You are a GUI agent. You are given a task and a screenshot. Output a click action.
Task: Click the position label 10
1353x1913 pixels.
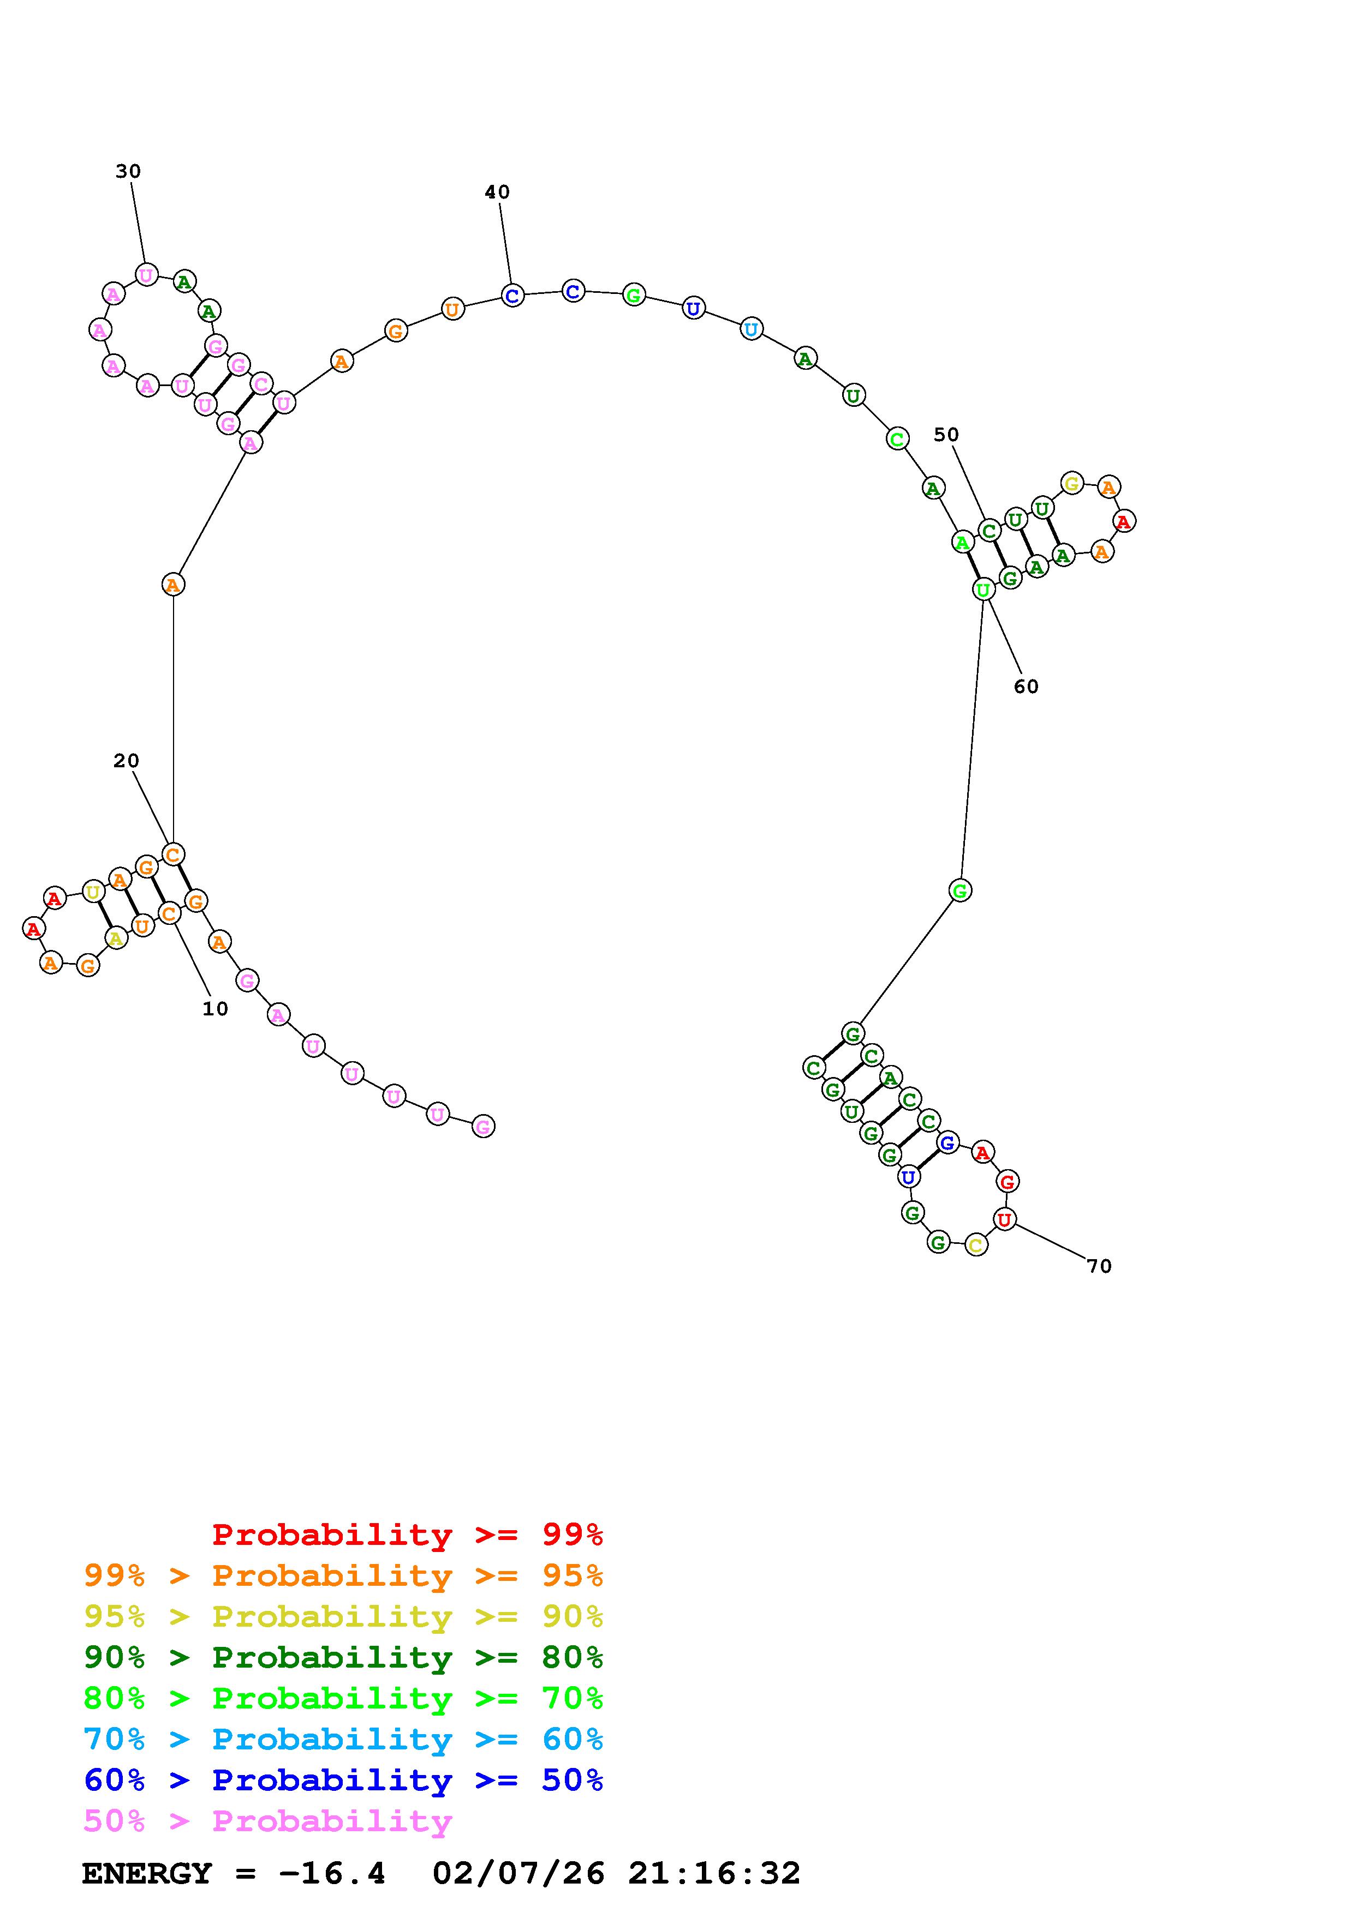point(215,1009)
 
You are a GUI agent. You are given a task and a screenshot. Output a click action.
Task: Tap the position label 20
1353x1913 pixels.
point(126,761)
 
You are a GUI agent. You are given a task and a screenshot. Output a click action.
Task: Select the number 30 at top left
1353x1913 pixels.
point(128,172)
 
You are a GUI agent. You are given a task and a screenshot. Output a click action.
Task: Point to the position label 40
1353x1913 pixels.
point(497,192)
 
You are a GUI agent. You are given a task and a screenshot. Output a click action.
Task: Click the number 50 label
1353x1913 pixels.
point(946,435)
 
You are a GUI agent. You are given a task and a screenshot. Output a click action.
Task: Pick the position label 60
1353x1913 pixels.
point(1026,687)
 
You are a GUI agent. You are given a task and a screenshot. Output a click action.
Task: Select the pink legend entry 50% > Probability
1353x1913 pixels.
point(267,1821)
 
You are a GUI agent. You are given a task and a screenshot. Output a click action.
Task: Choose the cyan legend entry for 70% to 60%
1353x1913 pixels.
point(343,1740)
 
